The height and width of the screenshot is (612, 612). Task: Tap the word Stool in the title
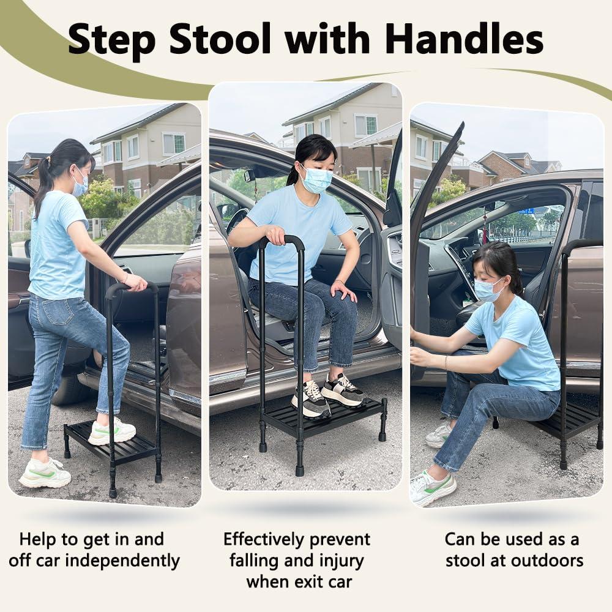(x=220, y=39)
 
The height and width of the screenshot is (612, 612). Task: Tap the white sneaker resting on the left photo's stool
(x=111, y=431)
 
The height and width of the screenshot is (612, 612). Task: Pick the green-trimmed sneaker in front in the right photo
(x=432, y=488)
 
